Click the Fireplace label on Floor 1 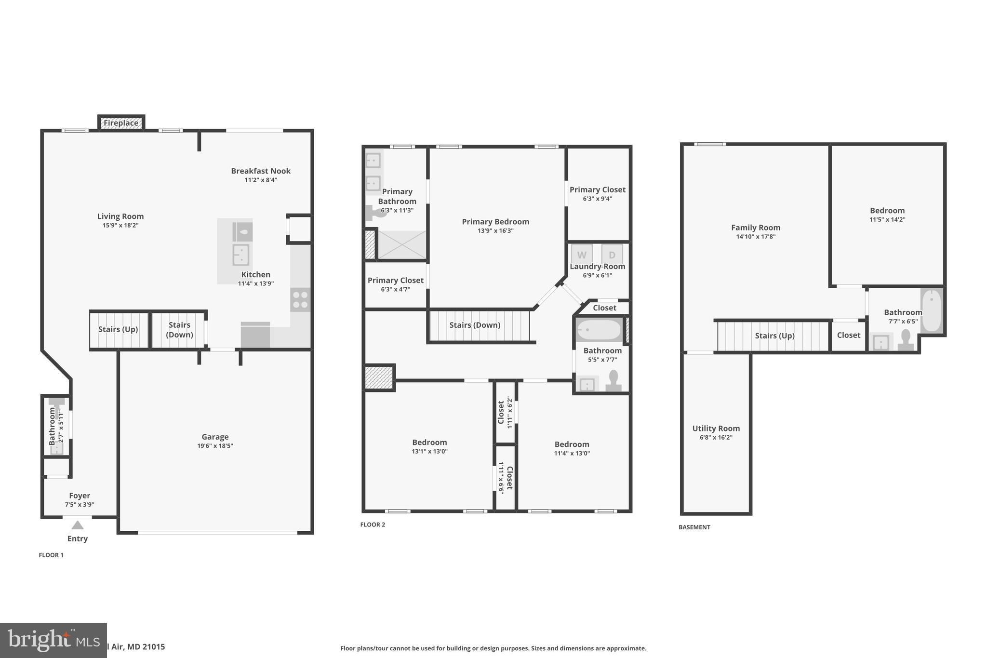click(121, 123)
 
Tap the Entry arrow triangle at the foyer click(78, 525)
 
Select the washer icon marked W click(582, 255)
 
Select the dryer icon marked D click(612, 255)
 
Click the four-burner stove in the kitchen click(300, 299)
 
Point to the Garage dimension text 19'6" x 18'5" click(215, 446)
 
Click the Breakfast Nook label click(261, 171)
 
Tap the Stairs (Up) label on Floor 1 click(118, 329)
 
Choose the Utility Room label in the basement click(716, 428)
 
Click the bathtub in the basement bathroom click(932, 311)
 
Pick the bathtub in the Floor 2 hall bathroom click(599, 330)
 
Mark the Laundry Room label click(598, 266)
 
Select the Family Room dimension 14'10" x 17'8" click(756, 237)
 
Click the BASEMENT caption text click(694, 527)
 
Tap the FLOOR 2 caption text click(373, 524)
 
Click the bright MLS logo click(53, 640)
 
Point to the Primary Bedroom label click(495, 222)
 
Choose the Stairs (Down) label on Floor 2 click(475, 325)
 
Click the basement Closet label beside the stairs click(848, 335)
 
